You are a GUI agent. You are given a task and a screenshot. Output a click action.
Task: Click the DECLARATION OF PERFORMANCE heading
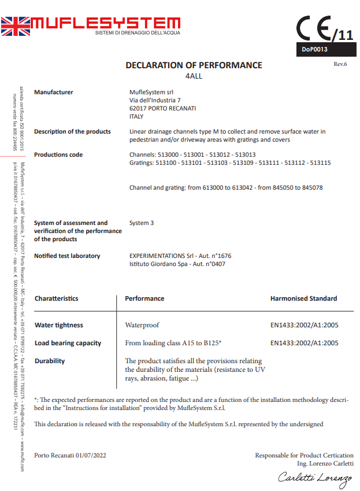click(194, 65)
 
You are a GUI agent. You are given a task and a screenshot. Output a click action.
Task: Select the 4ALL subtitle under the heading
click(194, 76)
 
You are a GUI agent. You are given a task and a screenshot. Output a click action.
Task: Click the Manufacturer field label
click(54, 92)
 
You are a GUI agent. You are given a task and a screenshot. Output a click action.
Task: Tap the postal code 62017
click(138, 108)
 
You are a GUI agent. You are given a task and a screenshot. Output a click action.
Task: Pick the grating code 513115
click(320, 163)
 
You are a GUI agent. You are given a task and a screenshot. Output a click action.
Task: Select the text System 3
click(142, 223)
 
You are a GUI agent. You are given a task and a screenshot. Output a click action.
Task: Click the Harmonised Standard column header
click(303, 298)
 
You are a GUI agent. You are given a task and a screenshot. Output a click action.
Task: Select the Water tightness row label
click(59, 325)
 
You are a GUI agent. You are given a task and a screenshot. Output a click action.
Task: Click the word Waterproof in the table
click(142, 325)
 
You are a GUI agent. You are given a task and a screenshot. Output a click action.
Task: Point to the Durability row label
click(50, 361)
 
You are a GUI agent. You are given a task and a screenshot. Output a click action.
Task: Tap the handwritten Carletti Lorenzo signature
click(315, 477)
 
